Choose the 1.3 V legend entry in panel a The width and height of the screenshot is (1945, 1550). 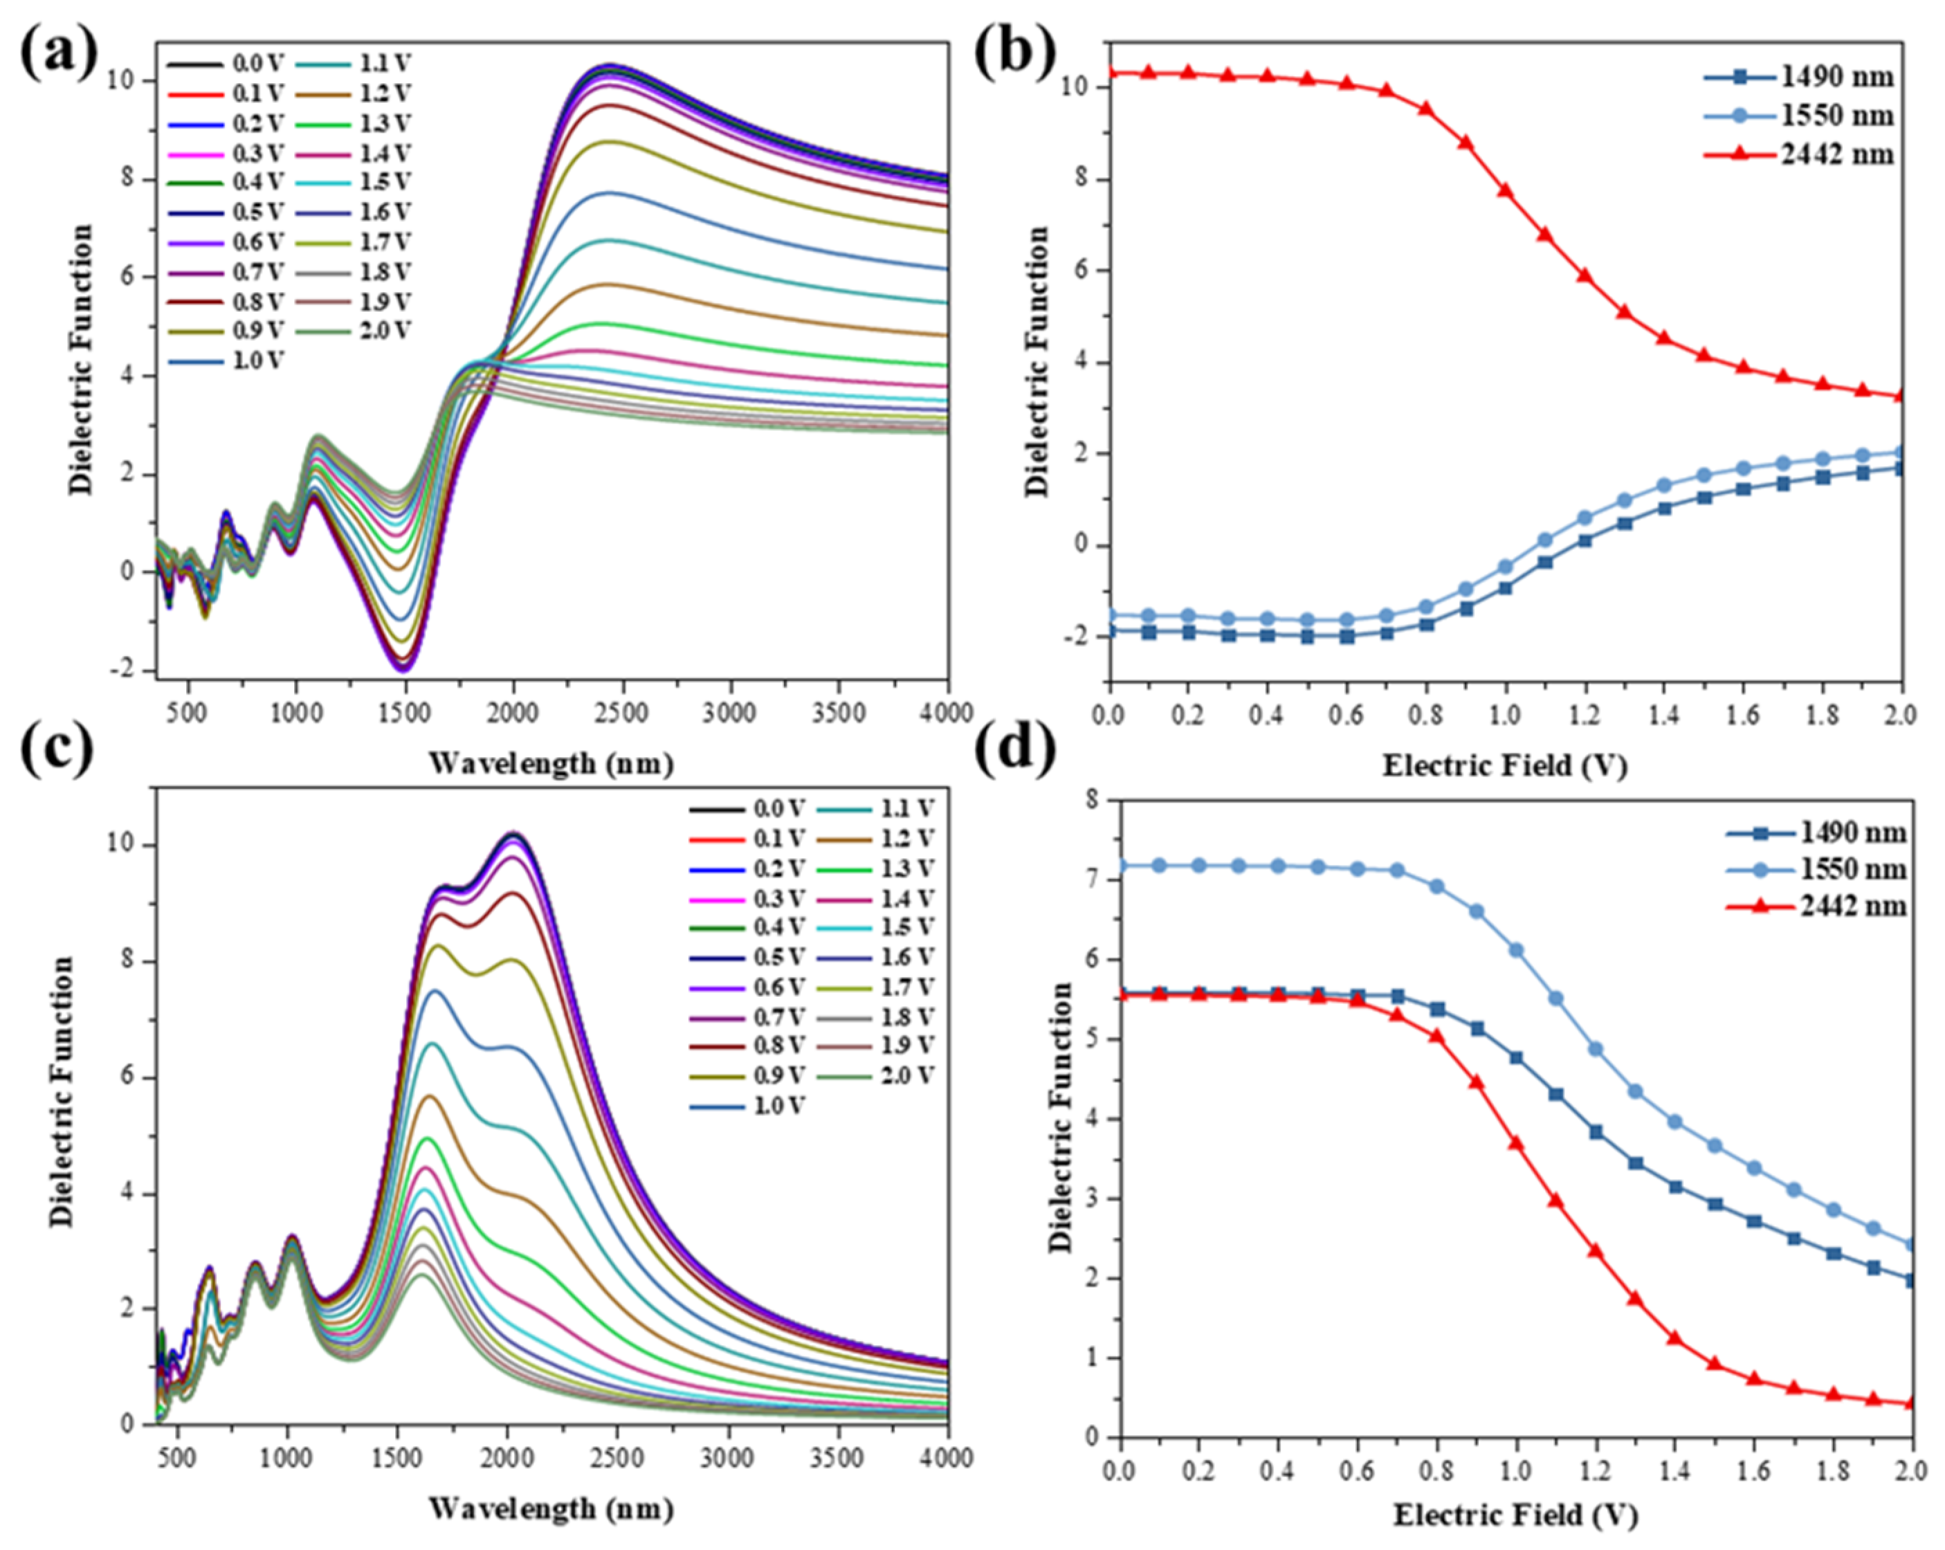pyautogui.click(x=386, y=122)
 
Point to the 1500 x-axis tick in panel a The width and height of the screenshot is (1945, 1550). pyautogui.click(x=405, y=713)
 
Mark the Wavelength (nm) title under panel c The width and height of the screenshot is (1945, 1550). pyautogui.click(x=551, y=1508)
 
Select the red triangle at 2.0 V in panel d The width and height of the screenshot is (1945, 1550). pyautogui.click(x=1910, y=1403)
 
